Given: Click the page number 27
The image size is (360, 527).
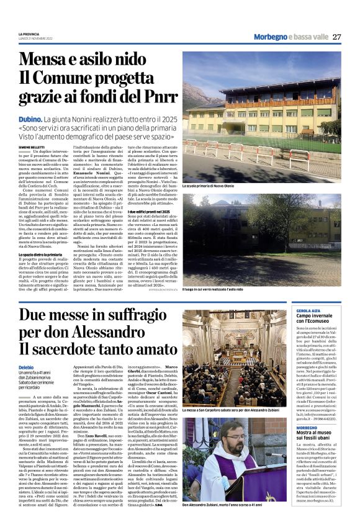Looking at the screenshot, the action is (x=336, y=37).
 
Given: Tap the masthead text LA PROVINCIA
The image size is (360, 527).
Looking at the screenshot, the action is (x=29, y=33).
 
